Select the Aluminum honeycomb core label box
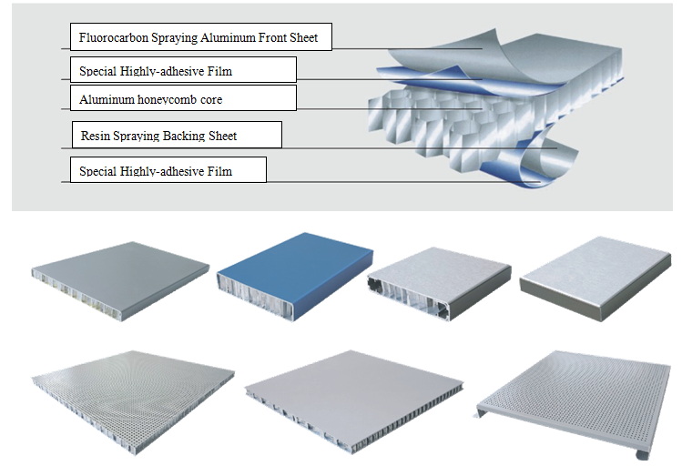(x=183, y=98)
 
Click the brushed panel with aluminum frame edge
(x=434, y=278)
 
